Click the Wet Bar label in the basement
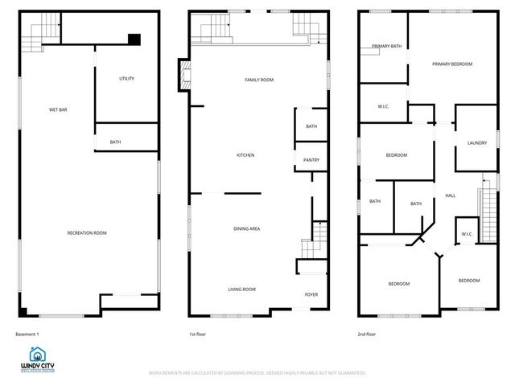click(x=57, y=109)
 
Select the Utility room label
click(x=126, y=79)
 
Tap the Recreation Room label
click(x=87, y=233)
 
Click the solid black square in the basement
click(x=134, y=38)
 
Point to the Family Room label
click(x=259, y=80)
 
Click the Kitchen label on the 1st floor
click(x=245, y=155)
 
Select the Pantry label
click(x=311, y=160)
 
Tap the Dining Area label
click(x=246, y=229)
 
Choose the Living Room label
click(x=241, y=289)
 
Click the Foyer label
click(x=311, y=294)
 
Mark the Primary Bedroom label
click(x=451, y=64)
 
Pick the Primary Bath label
click(x=386, y=46)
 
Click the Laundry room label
click(x=477, y=143)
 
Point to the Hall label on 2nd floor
click(x=450, y=195)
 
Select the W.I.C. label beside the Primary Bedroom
click(x=384, y=107)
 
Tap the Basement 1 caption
click(x=27, y=334)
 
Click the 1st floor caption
click(x=198, y=334)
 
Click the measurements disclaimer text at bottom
click(x=257, y=373)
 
